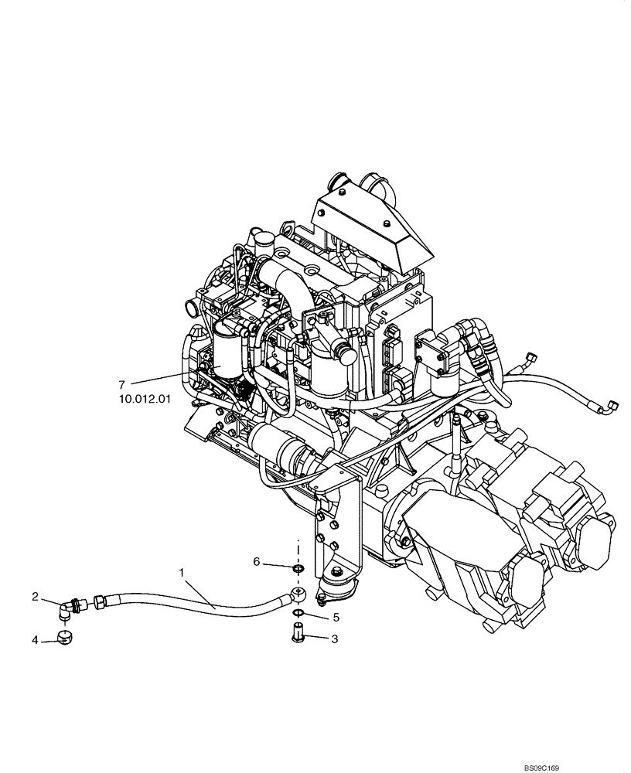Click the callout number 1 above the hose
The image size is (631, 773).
(x=181, y=573)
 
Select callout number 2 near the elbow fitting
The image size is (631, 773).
(x=35, y=596)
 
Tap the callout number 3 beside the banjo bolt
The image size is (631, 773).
(x=335, y=639)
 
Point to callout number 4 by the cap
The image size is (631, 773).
(x=35, y=640)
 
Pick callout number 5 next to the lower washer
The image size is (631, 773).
(x=336, y=618)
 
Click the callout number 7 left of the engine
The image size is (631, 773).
(x=121, y=384)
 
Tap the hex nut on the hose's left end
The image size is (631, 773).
(x=101, y=600)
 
